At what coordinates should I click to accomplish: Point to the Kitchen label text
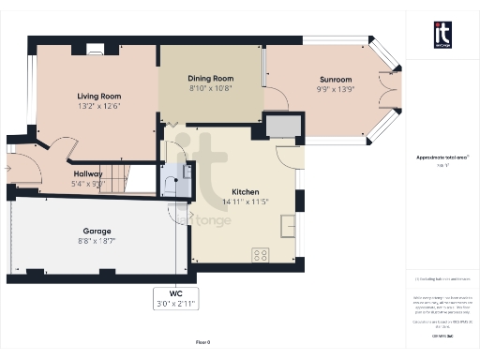(x=232, y=190)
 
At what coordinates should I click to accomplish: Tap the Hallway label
(x=89, y=173)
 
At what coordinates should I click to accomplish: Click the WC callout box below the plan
(x=171, y=297)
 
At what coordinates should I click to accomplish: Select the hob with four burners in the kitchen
(x=260, y=253)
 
